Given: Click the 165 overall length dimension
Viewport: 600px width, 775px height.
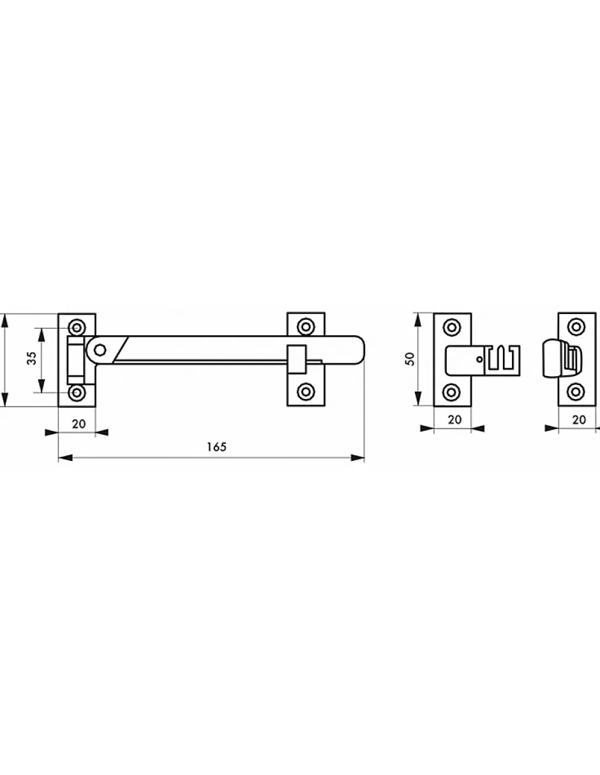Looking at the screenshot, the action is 217,447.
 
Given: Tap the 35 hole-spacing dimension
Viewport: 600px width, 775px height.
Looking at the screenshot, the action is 32,358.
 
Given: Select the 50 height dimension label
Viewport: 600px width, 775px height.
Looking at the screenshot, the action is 410,358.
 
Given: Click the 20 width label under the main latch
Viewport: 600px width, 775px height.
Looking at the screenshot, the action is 79,424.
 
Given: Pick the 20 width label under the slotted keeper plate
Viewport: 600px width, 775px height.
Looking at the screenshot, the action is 454,419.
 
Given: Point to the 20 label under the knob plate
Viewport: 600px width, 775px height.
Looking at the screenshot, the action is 579,420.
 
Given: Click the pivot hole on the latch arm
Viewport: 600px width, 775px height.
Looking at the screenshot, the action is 101,350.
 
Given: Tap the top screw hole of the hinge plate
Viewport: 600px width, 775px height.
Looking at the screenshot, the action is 77,327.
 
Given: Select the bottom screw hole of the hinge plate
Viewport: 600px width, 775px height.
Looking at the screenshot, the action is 77,393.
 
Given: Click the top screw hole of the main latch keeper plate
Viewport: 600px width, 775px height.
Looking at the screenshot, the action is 306,326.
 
